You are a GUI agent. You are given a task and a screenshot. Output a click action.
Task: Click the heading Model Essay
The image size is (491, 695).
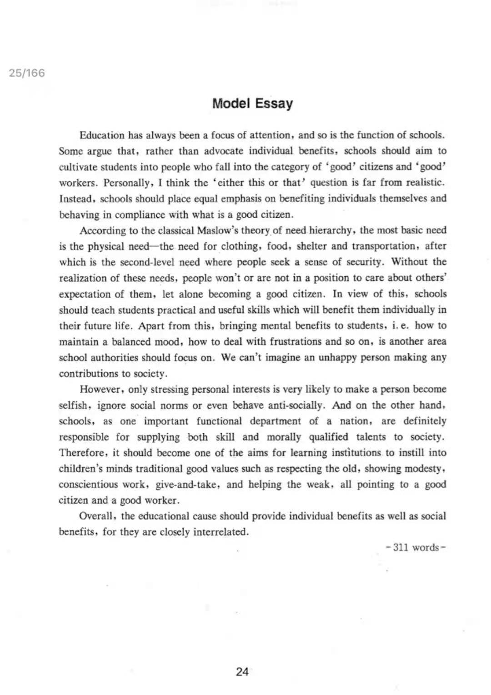tap(252, 104)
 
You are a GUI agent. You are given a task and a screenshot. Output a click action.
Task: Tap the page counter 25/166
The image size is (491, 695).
tap(27, 73)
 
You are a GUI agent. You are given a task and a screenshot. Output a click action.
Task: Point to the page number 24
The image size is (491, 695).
tap(242, 671)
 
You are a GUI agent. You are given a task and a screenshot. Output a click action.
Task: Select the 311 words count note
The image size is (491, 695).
tap(415, 547)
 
